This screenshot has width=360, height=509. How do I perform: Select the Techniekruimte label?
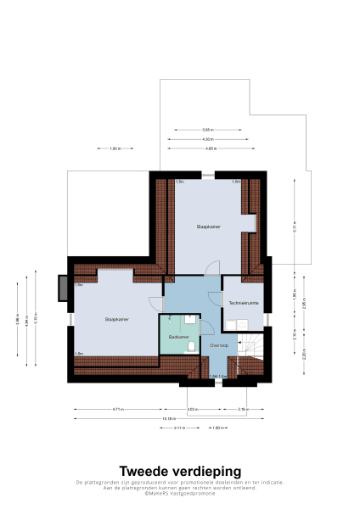tap(242, 303)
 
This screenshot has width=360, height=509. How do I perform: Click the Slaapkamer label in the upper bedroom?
tap(208, 227)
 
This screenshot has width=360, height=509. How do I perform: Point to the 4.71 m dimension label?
tap(117, 410)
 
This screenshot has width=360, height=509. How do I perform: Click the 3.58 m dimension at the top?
tap(207, 129)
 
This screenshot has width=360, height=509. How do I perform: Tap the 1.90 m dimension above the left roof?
tap(115, 148)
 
